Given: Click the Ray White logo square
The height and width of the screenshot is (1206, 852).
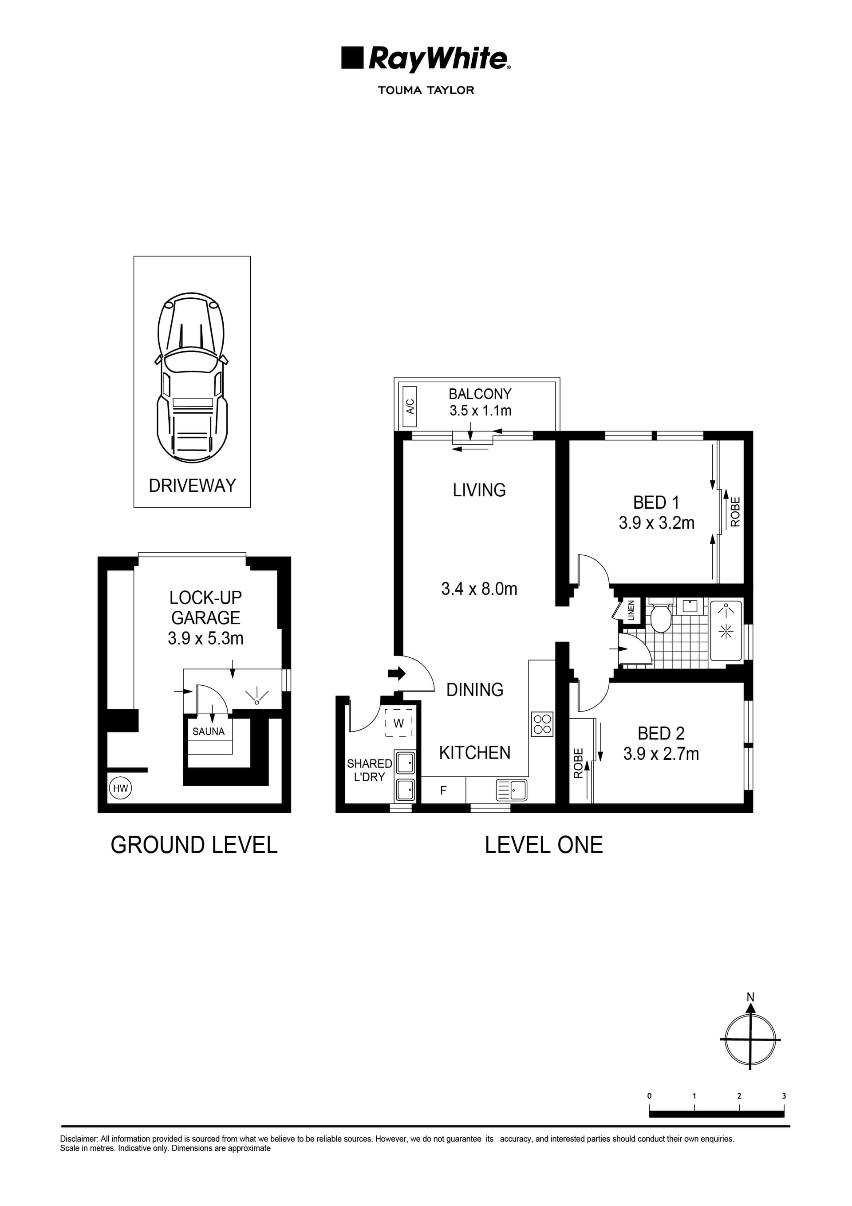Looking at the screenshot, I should coord(352,58).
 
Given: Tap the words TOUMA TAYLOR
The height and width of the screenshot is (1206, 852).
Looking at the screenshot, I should coord(426,91).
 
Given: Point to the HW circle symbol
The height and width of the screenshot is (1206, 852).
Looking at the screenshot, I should coord(121,788).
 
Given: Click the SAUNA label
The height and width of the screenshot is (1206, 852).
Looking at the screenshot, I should coord(209,732).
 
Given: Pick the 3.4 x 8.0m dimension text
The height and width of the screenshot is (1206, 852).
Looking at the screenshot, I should coord(479,589).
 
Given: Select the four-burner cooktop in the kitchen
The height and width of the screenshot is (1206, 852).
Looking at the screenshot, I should coord(542,724).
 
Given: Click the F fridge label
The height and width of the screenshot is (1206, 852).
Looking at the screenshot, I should coord(443,791).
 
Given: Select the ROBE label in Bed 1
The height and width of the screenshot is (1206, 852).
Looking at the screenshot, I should coord(735,512).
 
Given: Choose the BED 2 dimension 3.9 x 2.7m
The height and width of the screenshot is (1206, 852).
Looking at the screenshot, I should coord(661,754).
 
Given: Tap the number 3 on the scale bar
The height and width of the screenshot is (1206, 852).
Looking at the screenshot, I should coord(784,1096).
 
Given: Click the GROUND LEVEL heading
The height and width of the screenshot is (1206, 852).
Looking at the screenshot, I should coord(194,845).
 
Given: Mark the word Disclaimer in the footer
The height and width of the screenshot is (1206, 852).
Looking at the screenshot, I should coord(79,1139).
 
